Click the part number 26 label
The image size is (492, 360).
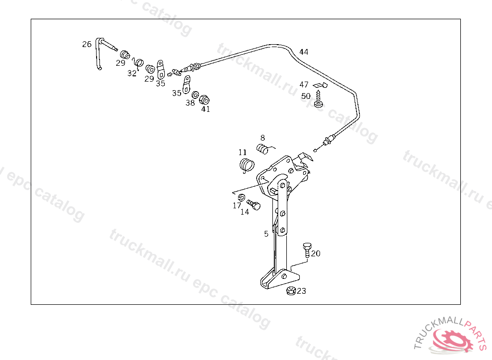(86, 44)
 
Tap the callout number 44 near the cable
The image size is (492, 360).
(304, 52)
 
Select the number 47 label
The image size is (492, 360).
(304, 84)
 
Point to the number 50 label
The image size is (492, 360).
(306, 96)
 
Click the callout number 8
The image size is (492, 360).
(263, 138)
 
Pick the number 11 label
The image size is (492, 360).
(243, 153)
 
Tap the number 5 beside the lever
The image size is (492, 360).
(266, 234)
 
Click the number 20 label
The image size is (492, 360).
(316, 253)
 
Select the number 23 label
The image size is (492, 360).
(301, 291)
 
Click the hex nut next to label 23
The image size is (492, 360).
(290, 291)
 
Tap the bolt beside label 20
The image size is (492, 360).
(306, 250)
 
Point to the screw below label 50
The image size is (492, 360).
(318, 102)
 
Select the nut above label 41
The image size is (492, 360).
(204, 99)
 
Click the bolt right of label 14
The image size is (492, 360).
(255, 205)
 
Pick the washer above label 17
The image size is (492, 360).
(242, 197)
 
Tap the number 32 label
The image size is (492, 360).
(132, 73)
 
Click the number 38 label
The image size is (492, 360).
(191, 103)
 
